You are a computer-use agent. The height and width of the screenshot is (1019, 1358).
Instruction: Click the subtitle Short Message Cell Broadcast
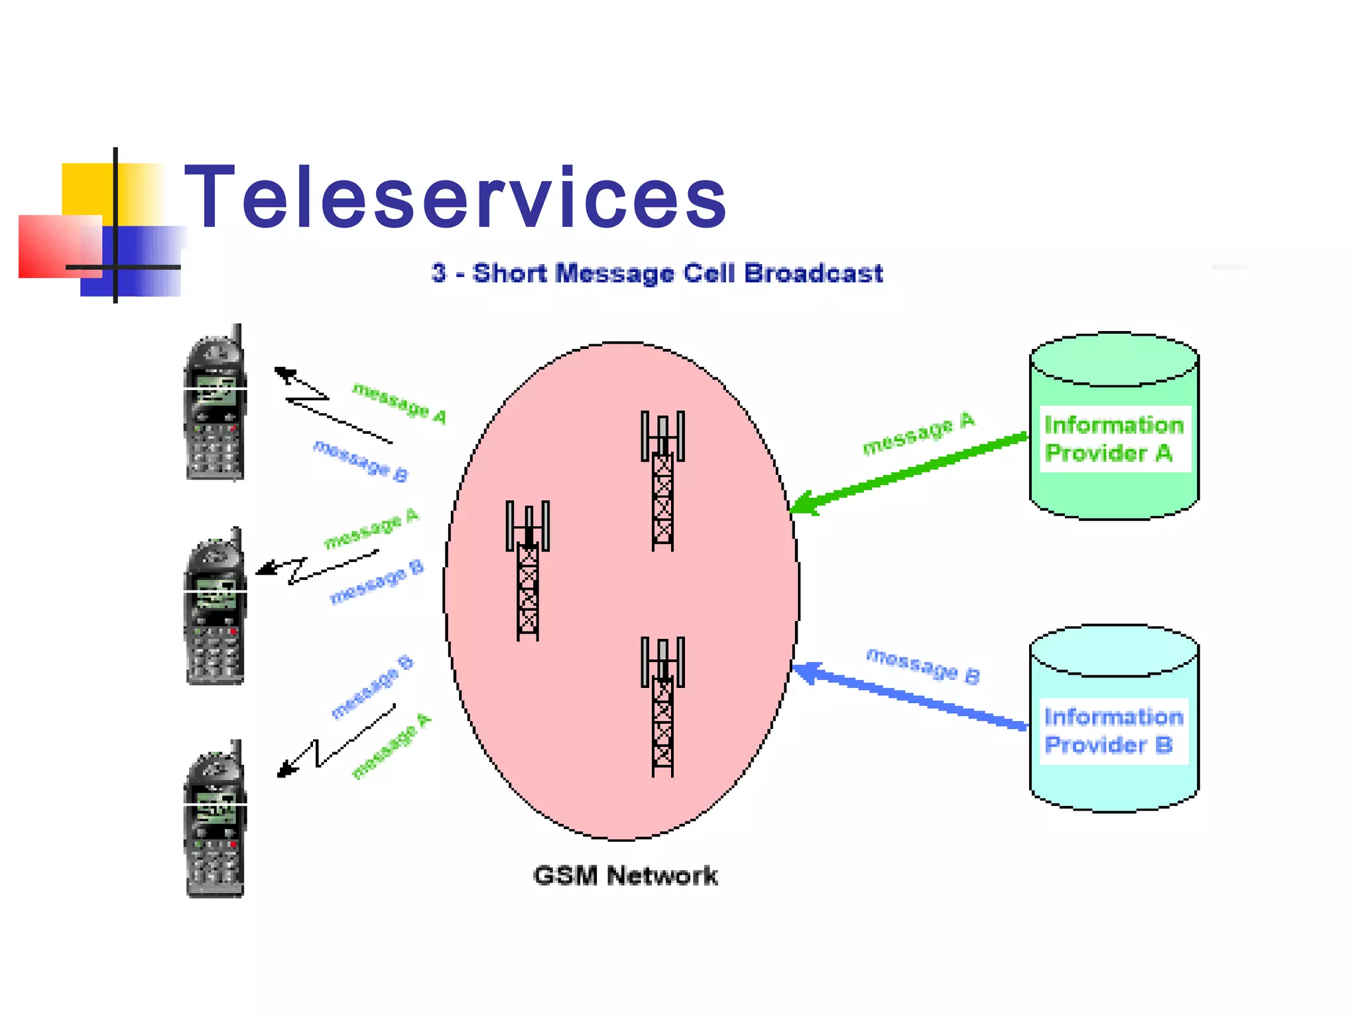pos(656,273)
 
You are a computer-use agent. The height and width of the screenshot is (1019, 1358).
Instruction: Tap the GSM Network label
pos(625,876)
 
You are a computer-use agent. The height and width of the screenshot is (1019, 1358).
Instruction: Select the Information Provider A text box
pos(1114,439)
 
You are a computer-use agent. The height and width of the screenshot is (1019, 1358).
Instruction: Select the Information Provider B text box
pos(1114,731)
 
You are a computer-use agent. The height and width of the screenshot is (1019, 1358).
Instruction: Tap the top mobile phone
pos(214,405)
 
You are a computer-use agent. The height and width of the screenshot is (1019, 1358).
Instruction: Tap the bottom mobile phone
pos(214,821)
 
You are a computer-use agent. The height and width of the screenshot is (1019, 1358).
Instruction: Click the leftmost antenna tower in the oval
pos(528,571)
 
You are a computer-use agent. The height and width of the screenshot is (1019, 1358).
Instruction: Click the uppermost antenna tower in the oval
pos(662,481)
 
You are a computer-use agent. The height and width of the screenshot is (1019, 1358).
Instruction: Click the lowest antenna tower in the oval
pos(662,707)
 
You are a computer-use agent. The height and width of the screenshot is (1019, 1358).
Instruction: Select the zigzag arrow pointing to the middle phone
pos(312,567)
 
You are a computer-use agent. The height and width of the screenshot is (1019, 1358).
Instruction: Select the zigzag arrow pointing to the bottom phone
pos(332,743)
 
